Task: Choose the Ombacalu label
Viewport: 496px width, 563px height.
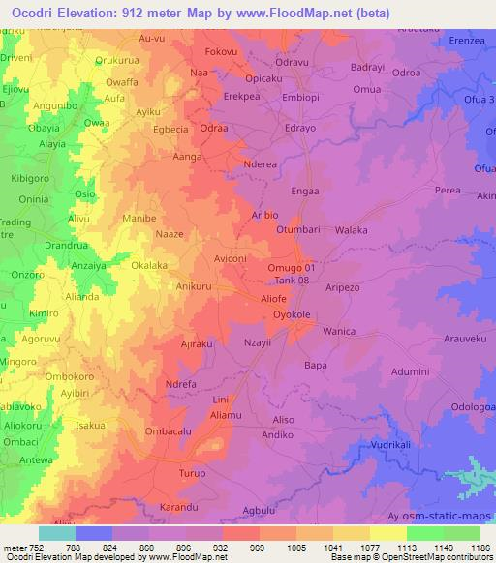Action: click(x=169, y=430)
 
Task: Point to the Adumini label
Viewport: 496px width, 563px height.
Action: click(x=410, y=371)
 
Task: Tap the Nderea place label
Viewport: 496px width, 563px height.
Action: click(x=262, y=164)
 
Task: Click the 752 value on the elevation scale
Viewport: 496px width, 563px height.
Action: click(x=36, y=547)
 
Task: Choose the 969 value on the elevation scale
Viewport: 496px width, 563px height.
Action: click(x=258, y=547)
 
